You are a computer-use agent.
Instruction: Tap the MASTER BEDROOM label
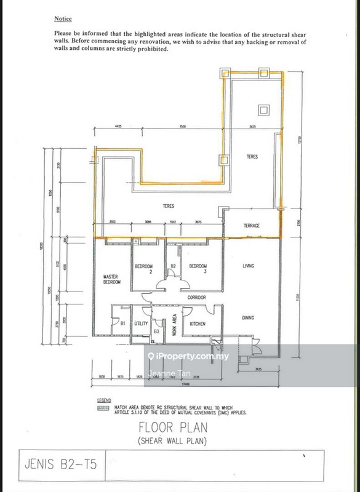coord(110,280)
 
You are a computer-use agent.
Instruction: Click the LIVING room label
coord(249,266)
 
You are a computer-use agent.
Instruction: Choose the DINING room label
coord(249,318)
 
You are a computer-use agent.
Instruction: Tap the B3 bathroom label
coord(157,331)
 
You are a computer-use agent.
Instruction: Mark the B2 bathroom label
coord(174,266)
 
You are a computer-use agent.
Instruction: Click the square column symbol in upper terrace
coord(263,111)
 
